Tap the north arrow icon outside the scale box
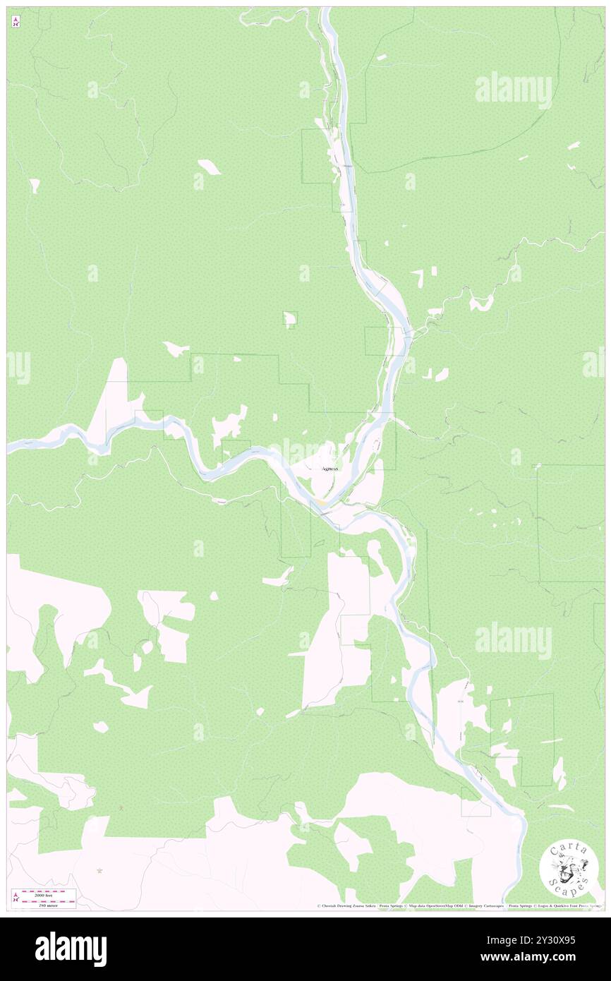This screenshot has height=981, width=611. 16,23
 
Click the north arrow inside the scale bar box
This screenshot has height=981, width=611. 16,897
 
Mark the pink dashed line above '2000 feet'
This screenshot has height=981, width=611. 48,891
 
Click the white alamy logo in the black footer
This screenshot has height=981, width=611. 71,949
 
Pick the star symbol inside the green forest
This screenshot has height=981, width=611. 121,807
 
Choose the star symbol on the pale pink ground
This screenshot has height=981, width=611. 99,870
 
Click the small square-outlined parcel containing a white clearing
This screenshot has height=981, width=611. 290,319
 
